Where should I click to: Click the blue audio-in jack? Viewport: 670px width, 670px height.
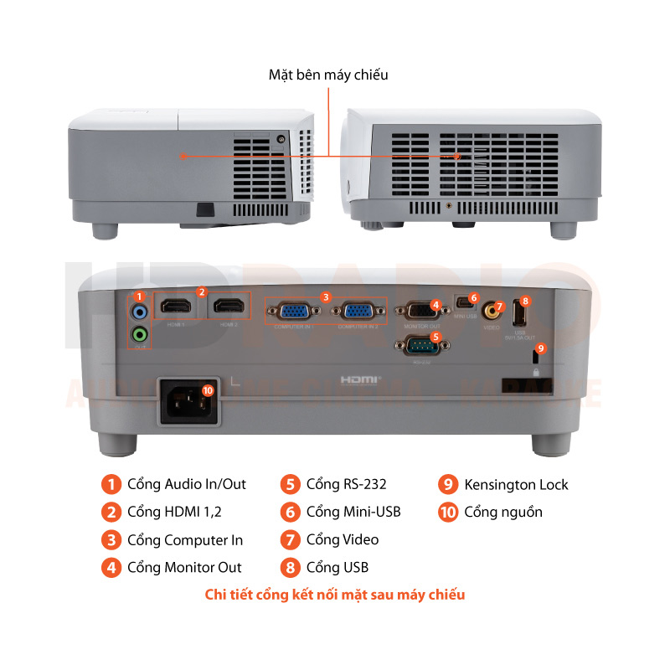pos(140,312)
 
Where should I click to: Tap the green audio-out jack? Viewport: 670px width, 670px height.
pos(140,335)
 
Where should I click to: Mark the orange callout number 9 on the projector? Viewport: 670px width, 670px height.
pos(540,348)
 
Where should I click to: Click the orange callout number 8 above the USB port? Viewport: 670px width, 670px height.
pos(525,300)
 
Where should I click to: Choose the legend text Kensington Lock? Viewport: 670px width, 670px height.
pos(516,484)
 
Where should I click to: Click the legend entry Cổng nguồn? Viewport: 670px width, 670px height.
pos(502,512)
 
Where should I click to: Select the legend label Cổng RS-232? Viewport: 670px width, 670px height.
pos(346,484)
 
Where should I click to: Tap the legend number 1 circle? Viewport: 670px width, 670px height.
pos(111,484)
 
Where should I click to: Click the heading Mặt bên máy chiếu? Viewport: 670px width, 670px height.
pos(328,75)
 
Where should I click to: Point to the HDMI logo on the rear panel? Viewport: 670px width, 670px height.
pos(361,379)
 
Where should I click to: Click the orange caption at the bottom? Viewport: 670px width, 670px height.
pos(335,595)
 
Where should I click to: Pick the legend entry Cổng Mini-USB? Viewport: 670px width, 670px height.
pos(353,512)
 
